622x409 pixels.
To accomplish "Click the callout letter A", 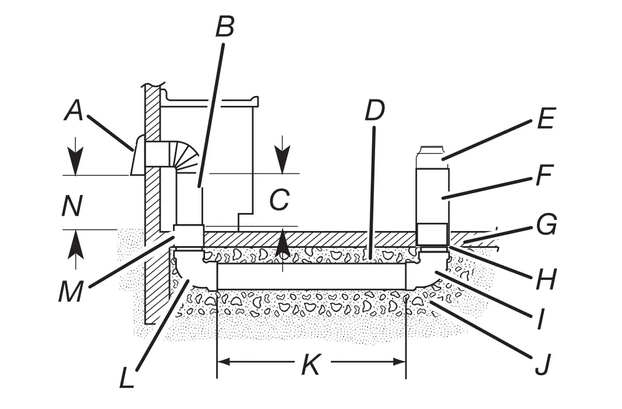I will point(73,110).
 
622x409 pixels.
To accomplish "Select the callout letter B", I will point(225,26).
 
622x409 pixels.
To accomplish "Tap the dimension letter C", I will point(280,201).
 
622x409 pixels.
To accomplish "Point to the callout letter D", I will point(374,111).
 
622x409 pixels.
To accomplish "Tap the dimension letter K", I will point(310,365).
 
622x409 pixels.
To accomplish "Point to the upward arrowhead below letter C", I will point(282,240).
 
